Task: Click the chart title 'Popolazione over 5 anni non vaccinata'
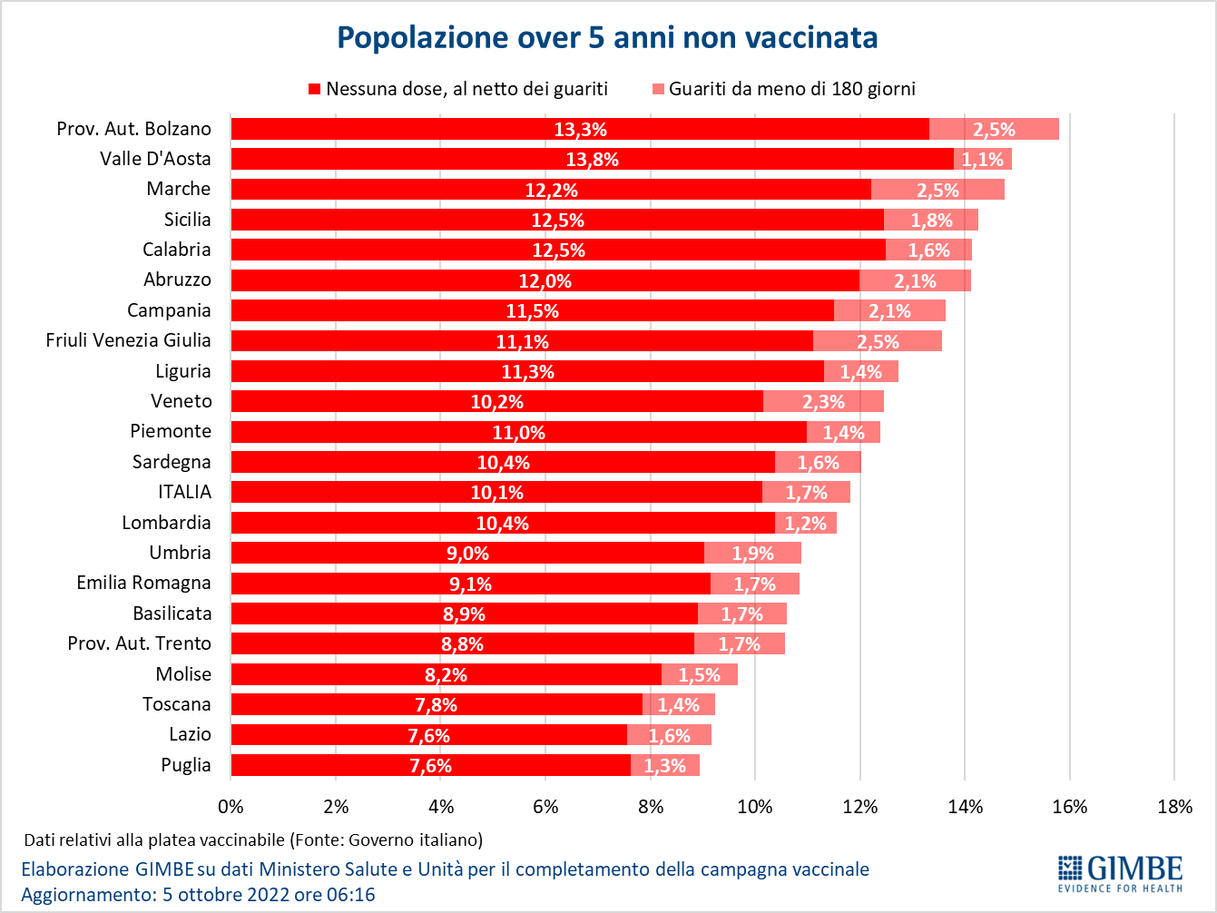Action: tap(607, 37)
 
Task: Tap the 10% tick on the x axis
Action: tap(755, 807)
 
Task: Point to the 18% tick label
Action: tap(1175, 807)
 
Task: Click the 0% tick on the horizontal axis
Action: tap(231, 807)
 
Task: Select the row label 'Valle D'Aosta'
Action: tap(155, 159)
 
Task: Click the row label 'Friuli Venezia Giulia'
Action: tap(128, 340)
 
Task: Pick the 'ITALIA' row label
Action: tap(184, 492)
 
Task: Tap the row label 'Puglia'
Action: tap(186, 765)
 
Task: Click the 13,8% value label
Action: tap(592, 160)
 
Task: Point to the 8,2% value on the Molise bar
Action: tap(446, 675)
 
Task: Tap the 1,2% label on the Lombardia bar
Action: tap(805, 524)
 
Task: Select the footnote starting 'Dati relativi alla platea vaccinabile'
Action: tap(253, 839)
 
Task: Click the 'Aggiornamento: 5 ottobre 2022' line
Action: tap(198, 895)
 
